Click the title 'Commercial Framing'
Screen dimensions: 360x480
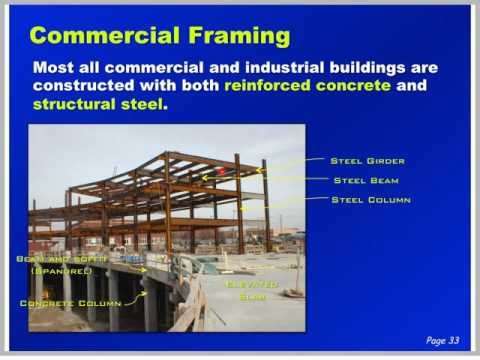[160, 38]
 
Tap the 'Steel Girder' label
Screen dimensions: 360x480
[367, 160]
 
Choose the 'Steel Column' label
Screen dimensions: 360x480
[371, 200]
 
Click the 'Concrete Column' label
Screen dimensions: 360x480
[69, 302]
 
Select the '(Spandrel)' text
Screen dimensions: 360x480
[61, 271]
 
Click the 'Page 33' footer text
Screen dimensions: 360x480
[445, 340]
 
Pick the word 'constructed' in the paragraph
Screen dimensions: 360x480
[81, 86]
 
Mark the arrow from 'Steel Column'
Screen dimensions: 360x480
[285, 204]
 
